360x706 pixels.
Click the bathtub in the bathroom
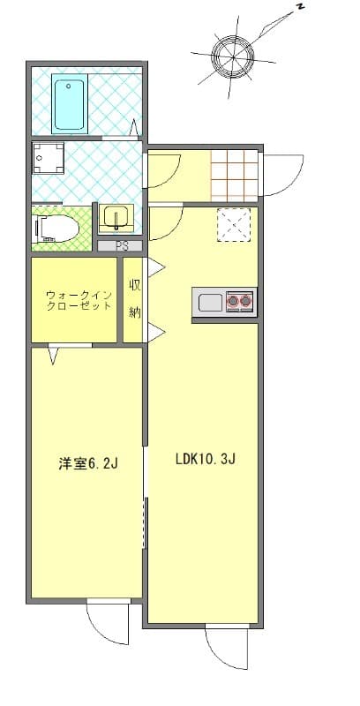point(70,103)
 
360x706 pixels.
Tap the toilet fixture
point(56,229)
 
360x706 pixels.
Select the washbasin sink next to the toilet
point(116,217)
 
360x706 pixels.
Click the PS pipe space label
point(120,246)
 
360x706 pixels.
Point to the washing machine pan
point(49,158)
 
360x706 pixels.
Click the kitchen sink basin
point(211,302)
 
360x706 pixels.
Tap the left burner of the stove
point(233,301)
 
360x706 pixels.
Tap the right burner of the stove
point(245,301)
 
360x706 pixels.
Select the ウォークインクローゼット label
point(79,301)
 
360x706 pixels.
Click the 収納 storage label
point(134,298)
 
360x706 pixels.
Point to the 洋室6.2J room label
point(88,464)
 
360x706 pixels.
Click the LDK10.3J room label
point(206,459)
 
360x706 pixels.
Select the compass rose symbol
point(234,57)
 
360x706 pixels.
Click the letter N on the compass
point(300,7)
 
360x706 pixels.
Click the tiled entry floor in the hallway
point(235,175)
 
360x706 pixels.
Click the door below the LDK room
point(227,647)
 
